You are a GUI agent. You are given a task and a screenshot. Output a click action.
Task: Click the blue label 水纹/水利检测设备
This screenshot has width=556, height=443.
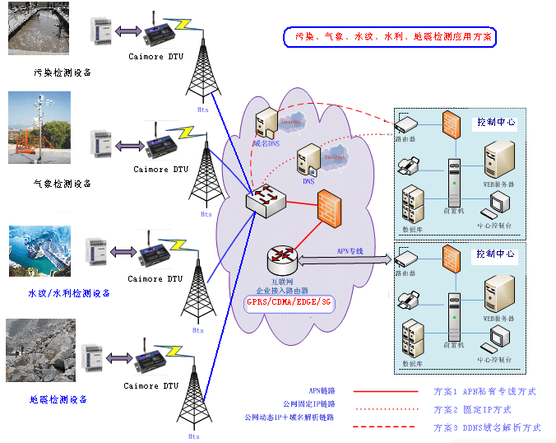pyautogui.click(x=68, y=293)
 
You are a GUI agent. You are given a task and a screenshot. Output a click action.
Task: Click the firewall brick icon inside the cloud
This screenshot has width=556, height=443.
pyautogui.click(x=329, y=207)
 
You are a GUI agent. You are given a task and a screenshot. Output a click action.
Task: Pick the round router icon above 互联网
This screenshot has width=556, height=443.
pyautogui.click(x=281, y=260)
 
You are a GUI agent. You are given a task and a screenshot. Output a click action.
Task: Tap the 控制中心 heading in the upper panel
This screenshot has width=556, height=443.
pyautogui.click(x=496, y=122)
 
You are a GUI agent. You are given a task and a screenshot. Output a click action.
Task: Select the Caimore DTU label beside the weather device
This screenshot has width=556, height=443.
pyautogui.click(x=161, y=170)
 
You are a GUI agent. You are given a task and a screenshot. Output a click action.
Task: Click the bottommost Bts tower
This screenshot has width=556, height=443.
pyautogui.click(x=193, y=394)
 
